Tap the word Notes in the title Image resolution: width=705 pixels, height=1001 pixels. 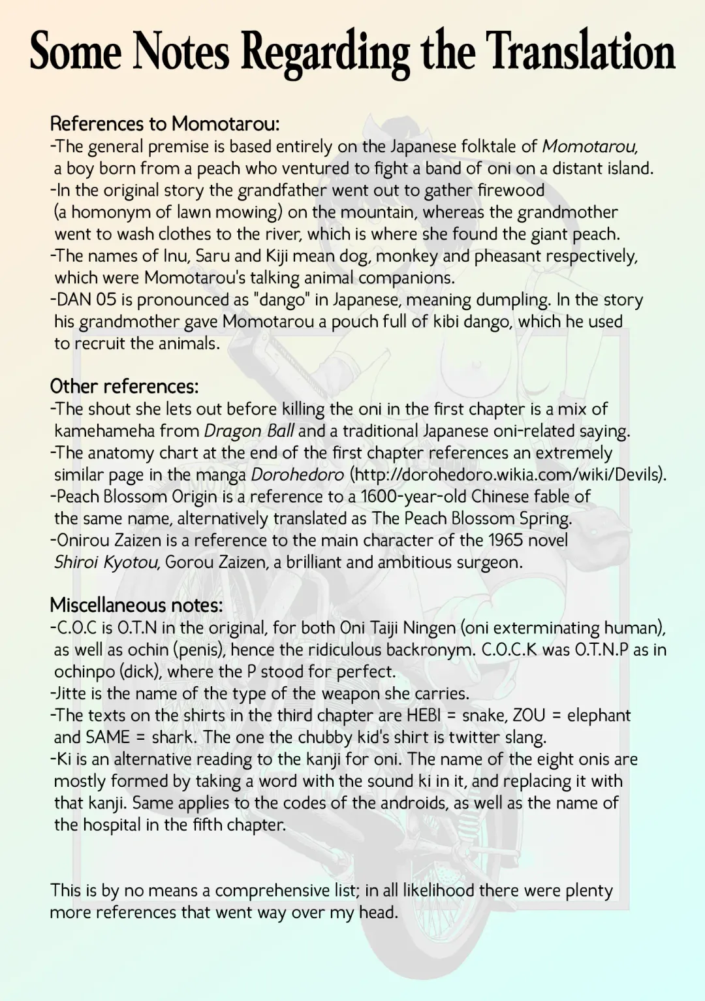(x=181, y=52)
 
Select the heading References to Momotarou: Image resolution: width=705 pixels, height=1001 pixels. (x=164, y=123)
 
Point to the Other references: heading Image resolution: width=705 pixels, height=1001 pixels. (x=124, y=387)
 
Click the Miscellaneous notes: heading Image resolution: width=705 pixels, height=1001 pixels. (x=136, y=605)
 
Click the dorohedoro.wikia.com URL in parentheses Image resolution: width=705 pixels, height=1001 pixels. (x=506, y=475)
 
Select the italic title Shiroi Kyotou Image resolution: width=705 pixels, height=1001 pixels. (x=106, y=562)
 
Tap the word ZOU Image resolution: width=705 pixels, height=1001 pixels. (x=529, y=716)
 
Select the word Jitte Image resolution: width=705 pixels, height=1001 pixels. (x=71, y=693)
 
